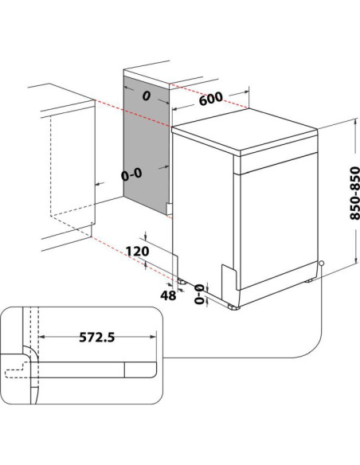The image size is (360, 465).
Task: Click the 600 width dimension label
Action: [x=210, y=100]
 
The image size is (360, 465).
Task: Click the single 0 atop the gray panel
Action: [x=146, y=96]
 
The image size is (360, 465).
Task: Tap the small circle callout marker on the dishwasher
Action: [x=321, y=264]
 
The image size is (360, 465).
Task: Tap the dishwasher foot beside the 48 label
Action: [x=185, y=281]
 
